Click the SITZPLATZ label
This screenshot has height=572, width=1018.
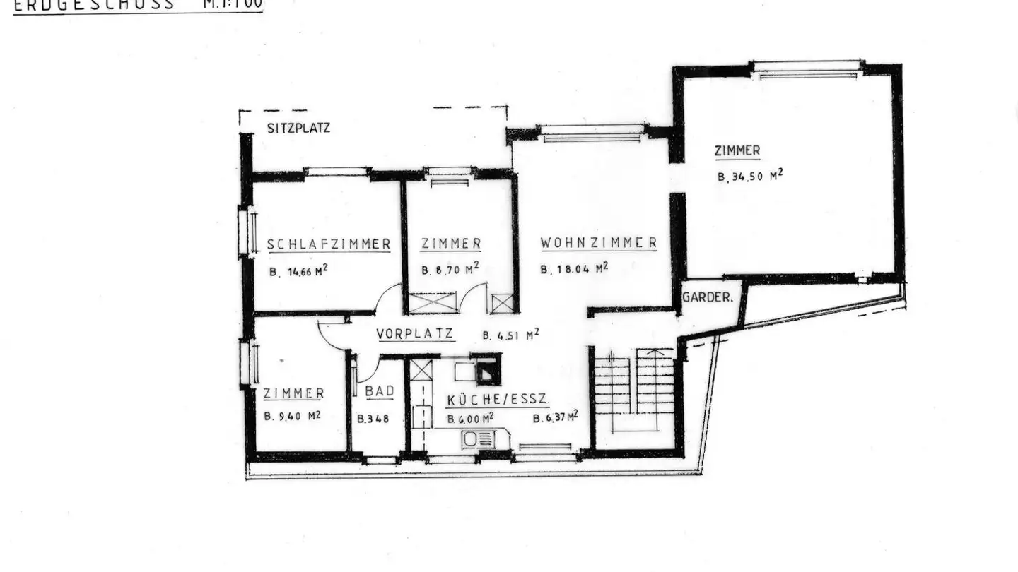[x=298, y=129]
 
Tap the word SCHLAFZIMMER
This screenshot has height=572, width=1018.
[x=329, y=244]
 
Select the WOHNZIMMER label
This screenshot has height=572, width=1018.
[x=599, y=243]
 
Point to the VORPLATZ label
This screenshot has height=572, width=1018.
[x=415, y=334]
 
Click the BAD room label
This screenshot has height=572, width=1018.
[x=379, y=391]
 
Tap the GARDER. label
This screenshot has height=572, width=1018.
[x=707, y=297]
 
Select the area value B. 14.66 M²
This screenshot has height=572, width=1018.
[x=298, y=271]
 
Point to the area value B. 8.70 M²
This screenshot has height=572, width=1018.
[x=450, y=269]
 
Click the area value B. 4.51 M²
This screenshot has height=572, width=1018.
[x=511, y=335]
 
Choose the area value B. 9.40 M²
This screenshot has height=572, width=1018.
[x=293, y=416]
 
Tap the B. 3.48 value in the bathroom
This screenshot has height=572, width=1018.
[x=373, y=419]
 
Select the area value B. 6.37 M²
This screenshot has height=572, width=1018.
[x=556, y=417]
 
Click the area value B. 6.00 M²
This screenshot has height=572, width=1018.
[x=470, y=419]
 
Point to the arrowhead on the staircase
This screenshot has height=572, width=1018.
[x=655, y=351]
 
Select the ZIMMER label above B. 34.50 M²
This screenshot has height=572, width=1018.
[x=737, y=150]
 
